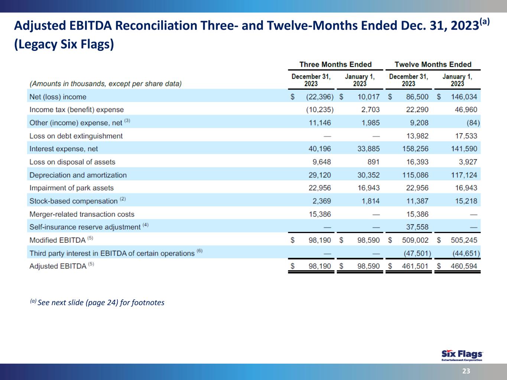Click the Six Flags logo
pos(462,355)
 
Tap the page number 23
pos(466,371)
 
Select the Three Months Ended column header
pos(335,65)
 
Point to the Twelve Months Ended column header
pos(433,65)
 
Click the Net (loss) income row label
pos(58,97)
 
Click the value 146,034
pos(464,97)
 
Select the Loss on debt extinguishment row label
pos(76,136)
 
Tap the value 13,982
pos(417,136)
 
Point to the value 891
pos(373,162)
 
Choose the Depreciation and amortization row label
pos(78,175)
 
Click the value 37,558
pos(417,227)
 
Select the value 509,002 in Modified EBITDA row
pos(415,240)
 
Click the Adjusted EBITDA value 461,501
pos(415,266)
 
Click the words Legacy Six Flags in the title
pos(64,44)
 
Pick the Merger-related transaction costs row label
pos(82,214)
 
